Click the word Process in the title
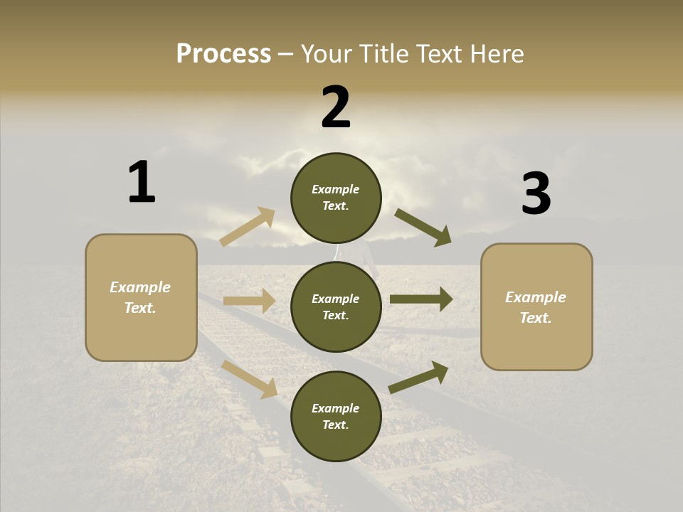tap(223, 54)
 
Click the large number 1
tap(142, 182)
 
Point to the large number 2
tap(336, 107)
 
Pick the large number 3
tap(536, 193)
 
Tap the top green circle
tap(336, 198)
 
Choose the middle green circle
tap(336, 306)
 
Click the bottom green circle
tap(336, 416)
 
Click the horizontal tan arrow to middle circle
tap(249, 302)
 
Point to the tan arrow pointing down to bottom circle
tap(250, 378)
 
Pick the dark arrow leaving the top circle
tap(423, 228)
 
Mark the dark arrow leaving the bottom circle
tap(418, 378)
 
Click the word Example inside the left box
tap(140, 287)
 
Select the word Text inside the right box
tap(536, 318)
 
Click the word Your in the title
tap(327, 54)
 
